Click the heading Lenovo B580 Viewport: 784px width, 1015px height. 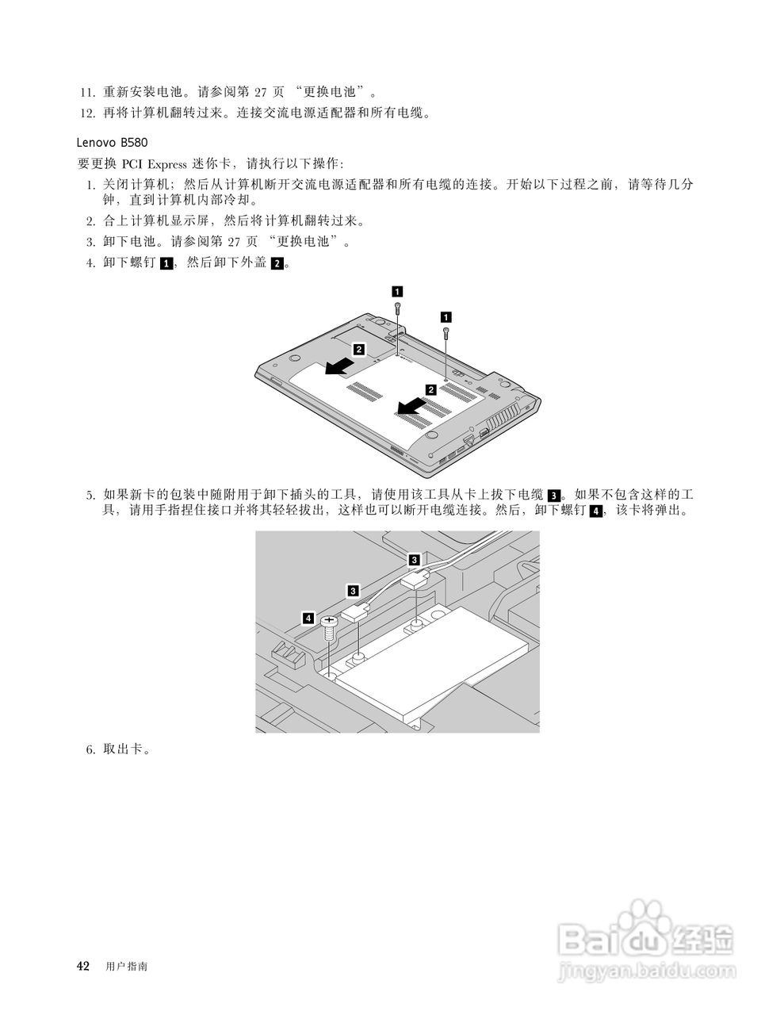tap(111, 143)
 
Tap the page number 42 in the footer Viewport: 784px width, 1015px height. tap(82, 966)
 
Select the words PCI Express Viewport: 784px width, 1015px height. tap(155, 164)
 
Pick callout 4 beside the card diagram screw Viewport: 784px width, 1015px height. tap(308, 617)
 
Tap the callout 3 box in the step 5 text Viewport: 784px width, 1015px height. tap(554, 496)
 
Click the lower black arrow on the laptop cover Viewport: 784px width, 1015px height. tap(411, 407)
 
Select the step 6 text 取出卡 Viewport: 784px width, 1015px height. tap(125, 749)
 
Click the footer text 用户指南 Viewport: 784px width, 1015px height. tap(126, 967)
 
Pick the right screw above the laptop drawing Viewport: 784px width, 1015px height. tap(447, 332)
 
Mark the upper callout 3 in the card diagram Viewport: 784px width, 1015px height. tap(414, 559)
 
